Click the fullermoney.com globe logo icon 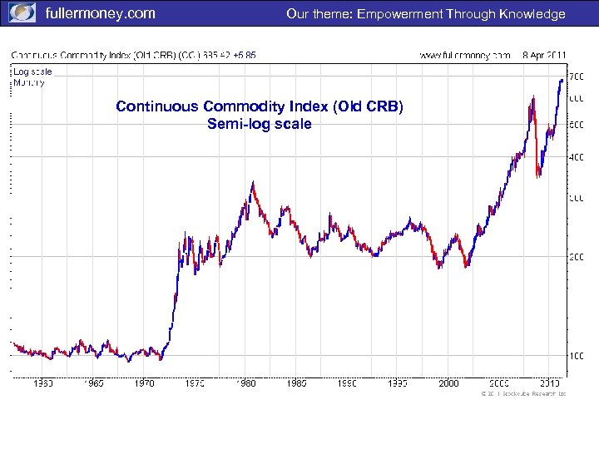(21, 13)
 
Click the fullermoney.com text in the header (100, 13)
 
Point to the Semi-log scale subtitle (260, 124)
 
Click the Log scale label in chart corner (32, 72)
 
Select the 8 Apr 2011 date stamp (544, 55)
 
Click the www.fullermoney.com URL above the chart (465, 55)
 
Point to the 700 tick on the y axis (577, 76)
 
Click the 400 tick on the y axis (577, 156)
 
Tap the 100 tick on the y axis (577, 356)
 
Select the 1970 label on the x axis (145, 383)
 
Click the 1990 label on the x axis (348, 383)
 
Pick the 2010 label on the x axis (549, 383)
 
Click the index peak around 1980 (253, 182)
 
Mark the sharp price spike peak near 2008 (530, 97)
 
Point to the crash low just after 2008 (538, 175)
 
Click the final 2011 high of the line (562, 80)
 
